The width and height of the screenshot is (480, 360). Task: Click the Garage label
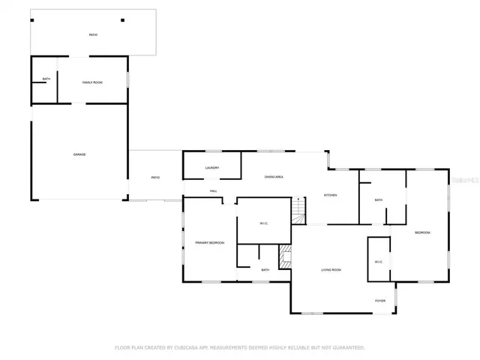point(79,154)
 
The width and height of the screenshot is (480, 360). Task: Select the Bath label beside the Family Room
point(46,79)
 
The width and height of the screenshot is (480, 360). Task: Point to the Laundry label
point(212,168)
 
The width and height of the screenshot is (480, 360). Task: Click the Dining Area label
point(273,177)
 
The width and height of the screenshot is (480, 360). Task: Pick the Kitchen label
point(330,195)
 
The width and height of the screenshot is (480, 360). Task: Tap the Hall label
point(214,191)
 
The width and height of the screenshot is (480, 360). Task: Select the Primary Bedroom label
point(210,243)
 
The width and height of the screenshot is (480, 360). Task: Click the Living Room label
point(331,270)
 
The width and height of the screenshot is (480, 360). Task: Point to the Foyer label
point(380,301)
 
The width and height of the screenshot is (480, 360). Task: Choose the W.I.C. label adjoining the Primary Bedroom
point(264,223)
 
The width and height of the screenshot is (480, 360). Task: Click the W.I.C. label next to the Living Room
point(379,262)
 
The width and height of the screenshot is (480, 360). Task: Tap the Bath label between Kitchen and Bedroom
point(378,200)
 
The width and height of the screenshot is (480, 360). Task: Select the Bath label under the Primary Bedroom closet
point(265,270)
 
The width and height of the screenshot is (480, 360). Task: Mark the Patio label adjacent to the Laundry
point(155,178)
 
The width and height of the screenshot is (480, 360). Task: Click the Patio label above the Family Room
point(93,34)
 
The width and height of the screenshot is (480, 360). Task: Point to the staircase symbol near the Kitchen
point(299,209)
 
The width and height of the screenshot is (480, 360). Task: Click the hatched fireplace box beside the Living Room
point(285,256)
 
